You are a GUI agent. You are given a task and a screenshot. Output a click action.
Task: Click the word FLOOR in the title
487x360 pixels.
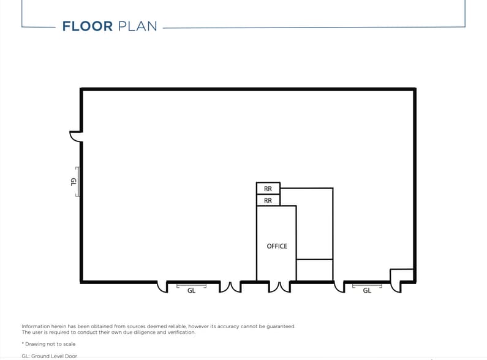(87, 26)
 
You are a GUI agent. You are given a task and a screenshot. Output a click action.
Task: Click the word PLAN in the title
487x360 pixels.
(137, 26)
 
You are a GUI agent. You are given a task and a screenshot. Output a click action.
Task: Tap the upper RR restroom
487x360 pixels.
(268, 189)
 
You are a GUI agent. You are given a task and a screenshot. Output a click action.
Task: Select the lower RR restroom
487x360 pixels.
(268, 200)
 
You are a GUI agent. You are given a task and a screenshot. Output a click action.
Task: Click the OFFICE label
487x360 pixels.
(276, 246)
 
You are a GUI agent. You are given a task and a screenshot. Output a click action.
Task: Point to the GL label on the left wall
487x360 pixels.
(74, 181)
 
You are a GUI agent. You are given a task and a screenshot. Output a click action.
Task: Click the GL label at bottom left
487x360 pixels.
(191, 291)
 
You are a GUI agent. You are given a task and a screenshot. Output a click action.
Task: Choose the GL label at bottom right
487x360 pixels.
(367, 291)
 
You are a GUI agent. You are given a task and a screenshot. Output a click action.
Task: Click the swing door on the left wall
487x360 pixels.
(76, 136)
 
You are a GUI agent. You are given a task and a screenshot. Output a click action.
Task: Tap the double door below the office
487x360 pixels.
(279, 287)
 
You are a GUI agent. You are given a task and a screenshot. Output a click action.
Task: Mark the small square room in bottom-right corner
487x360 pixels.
(402, 275)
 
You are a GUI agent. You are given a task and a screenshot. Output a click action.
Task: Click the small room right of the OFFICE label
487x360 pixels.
(314, 269)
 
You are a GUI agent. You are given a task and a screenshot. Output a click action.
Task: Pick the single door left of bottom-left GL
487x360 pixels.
(163, 287)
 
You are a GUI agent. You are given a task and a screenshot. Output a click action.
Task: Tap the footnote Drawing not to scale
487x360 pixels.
(48, 344)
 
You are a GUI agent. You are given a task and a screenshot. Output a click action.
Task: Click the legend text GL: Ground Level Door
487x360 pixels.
(49, 356)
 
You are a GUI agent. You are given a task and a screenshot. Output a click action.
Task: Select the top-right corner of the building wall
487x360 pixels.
(415, 89)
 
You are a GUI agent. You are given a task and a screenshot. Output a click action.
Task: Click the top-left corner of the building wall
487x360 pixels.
(81, 89)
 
